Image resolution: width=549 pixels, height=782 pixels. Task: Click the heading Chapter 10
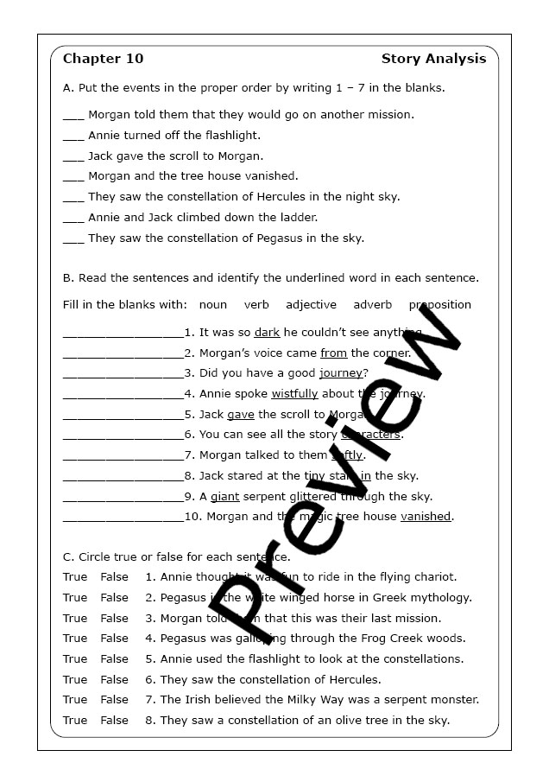[104, 59]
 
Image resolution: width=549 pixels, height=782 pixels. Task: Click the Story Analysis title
[433, 59]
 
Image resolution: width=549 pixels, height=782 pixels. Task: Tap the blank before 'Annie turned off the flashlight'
[73, 136]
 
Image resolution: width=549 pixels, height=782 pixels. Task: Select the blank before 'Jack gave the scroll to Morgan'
[73, 156]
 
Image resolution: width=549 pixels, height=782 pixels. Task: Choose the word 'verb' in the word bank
[256, 305]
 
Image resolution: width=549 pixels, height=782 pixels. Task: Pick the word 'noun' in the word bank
[213, 305]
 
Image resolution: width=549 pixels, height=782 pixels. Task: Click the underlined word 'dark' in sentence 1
[267, 333]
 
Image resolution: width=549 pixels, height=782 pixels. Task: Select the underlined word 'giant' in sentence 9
[224, 497]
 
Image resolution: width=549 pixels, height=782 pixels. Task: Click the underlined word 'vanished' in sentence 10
[426, 517]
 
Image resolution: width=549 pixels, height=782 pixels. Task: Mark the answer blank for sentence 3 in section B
[123, 374]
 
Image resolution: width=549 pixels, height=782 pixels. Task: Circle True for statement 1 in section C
[75, 577]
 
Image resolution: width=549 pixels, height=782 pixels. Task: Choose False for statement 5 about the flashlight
[114, 659]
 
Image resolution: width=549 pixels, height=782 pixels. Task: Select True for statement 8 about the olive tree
[75, 721]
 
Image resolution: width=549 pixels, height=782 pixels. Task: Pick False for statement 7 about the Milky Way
[114, 700]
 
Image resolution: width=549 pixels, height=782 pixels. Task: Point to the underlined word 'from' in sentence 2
[333, 353]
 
